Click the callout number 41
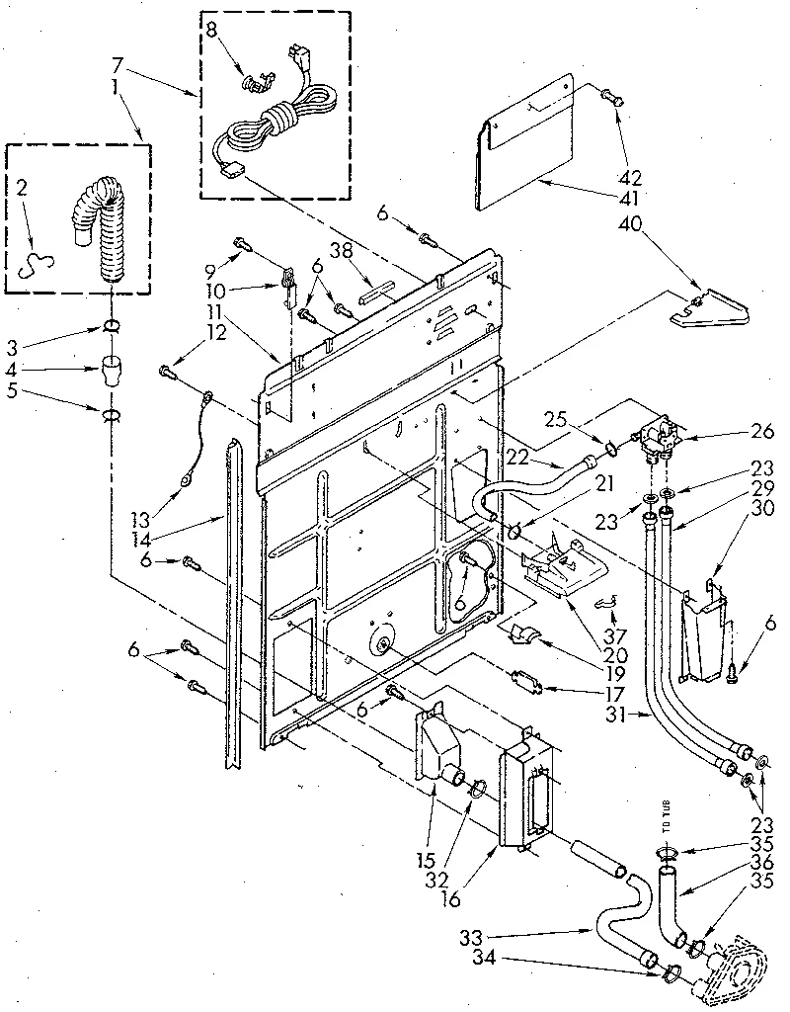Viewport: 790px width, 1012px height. [630, 198]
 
